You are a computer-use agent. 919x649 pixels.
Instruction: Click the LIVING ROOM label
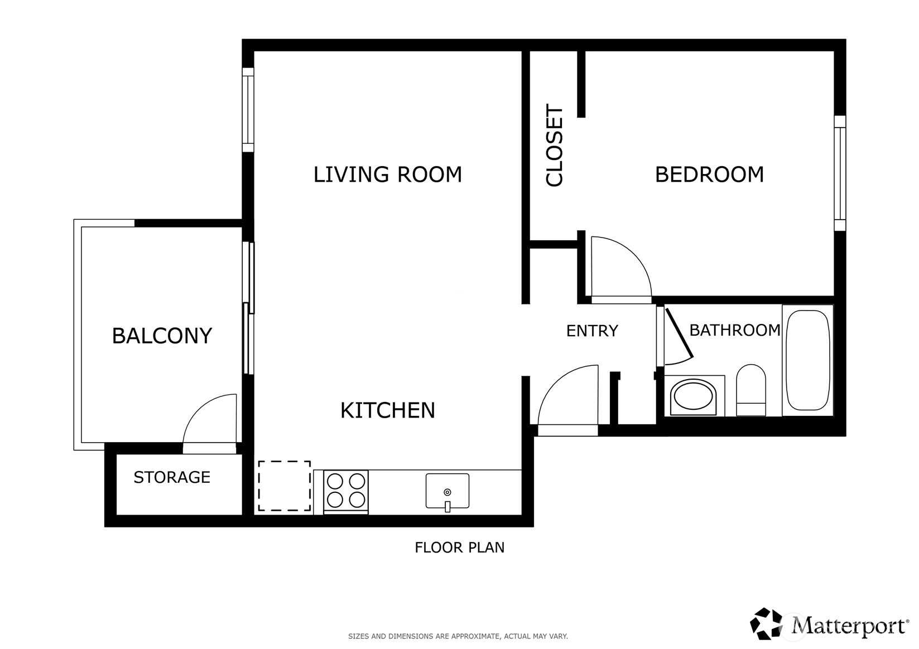pyautogui.click(x=388, y=175)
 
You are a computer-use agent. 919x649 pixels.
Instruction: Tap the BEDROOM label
pyautogui.click(x=709, y=175)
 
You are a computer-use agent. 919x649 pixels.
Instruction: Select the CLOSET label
pyautogui.click(x=554, y=145)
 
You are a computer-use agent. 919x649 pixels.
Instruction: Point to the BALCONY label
pyautogui.click(x=162, y=336)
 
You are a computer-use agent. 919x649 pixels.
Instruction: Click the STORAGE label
pyautogui.click(x=172, y=477)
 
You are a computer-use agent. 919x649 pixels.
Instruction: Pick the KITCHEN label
pyautogui.click(x=388, y=410)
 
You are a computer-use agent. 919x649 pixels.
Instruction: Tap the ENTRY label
pyautogui.click(x=592, y=331)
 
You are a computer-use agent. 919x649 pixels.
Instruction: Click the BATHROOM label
pyautogui.click(x=735, y=330)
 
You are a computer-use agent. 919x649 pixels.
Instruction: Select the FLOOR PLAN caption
pyautogui.click(x=460, y=548)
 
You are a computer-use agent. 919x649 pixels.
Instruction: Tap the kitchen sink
pyautogui.click(x=448, y=491)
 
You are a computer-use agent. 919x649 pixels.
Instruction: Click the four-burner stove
pyautogui.click(x=346, y=491)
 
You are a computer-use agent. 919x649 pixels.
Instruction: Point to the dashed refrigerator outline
pyautogui.click(x=285, y=486)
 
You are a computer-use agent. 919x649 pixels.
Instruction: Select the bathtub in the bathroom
pyautogui.click(x=807, y=360)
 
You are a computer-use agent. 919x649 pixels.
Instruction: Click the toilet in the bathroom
pyautogui.click(x=751, y=390)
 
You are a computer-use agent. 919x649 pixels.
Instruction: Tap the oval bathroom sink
pyautogui.click(x=693, y=394)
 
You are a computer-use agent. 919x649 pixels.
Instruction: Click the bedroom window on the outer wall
pyautogui.click(x=840, y=173)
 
